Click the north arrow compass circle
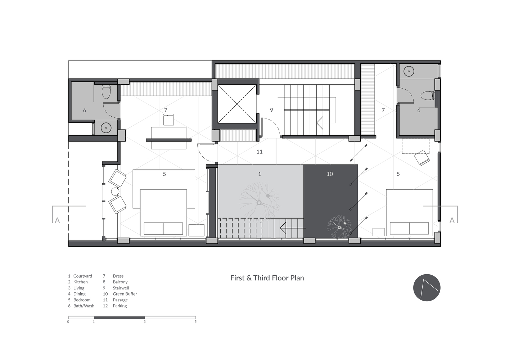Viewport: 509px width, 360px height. (x=427, y=288)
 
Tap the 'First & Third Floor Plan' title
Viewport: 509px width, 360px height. (x=267, y=278)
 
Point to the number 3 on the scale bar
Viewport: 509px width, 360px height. (x=144, y=321)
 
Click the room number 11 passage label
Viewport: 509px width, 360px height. (x=260, y=152)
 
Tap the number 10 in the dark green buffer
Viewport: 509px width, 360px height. (x=330, y=174)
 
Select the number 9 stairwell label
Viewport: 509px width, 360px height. (x=271, y=110)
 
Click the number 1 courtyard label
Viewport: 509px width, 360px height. (x=260, y=174)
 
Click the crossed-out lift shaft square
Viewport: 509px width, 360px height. (x=237, y=104)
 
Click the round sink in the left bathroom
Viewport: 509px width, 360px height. (x=106, y=128)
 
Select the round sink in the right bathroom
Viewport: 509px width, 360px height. (x=409, y=71)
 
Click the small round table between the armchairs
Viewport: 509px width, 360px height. (x=115, y=192)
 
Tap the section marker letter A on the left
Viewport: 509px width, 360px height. (x=57, y=220)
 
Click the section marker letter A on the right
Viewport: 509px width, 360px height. (x=452, y=220)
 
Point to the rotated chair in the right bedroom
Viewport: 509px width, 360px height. (x=422, y=158)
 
